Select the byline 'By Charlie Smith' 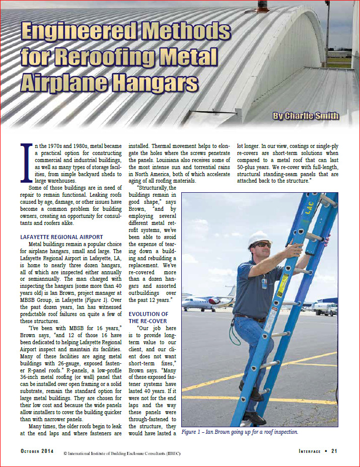pyautogui.click(x=305, y=116)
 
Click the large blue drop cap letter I pyautogui.click(x=25, y=163)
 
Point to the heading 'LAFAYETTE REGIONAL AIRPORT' pyautogui.click(x=61, y=237)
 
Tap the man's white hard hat pyautogui.click(x=260, y=238)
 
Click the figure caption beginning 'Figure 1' pyautogui.click(x=240, y=432)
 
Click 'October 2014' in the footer pyautogui.click(x=38, y=451)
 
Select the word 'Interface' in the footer pyautogui.click(x=309, y=451)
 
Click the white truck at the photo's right pyautogui.click(x=326, y=308)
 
